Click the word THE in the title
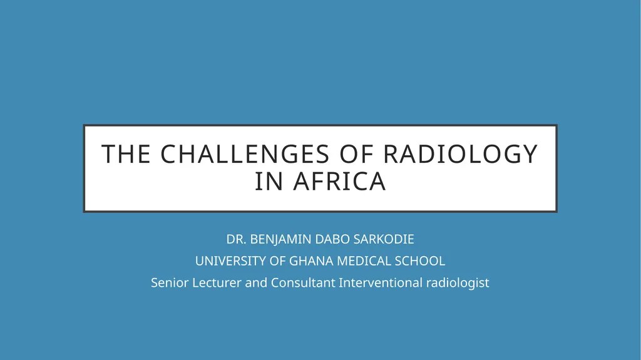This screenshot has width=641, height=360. [126, 154]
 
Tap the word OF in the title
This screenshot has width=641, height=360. [356, 154]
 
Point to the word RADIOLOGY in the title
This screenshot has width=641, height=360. [460, 154]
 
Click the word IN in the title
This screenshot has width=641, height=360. [269, 182]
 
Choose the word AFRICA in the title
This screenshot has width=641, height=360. [339, 182]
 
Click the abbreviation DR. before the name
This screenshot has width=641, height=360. [236, 239]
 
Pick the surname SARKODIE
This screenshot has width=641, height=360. [384, 239]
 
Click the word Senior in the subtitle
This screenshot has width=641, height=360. [170, 283]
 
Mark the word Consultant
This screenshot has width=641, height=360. [303, 283]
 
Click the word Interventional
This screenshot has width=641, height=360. [381, 283]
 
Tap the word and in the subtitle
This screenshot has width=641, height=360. [256, 283]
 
